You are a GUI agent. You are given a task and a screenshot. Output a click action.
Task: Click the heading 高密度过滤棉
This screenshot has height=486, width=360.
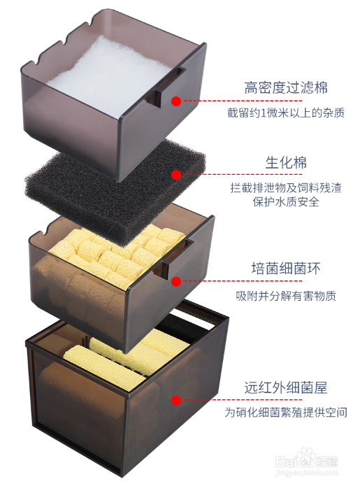(x=286, y=87)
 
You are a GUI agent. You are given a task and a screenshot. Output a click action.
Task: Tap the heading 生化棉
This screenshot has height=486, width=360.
(x=286, y=162)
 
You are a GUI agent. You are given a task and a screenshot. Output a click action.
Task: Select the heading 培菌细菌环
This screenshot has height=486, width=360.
(x=286, y=269)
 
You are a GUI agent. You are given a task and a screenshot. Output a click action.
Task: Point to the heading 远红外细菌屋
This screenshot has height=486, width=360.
(x=286, y=387)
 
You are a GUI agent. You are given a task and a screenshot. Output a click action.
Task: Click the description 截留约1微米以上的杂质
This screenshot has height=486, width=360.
(x=286, y=113)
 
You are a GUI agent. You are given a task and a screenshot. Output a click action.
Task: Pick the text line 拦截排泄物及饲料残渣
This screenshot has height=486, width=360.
(x=286, y=188)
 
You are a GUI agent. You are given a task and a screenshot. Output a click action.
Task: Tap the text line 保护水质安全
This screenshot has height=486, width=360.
(x=286, y=202)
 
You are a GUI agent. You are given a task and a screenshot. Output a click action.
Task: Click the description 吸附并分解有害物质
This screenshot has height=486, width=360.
(x=286, y=296)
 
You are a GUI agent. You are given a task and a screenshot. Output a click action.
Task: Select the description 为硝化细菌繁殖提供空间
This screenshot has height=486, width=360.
(x=286, y=413)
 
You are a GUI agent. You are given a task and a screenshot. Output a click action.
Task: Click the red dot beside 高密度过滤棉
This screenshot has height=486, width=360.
(x=176, y=101)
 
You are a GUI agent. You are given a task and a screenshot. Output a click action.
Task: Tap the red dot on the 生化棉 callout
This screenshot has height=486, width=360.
(x=176, y=175)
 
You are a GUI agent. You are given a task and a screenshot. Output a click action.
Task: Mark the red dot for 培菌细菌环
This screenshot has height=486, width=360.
(x=176, y=281)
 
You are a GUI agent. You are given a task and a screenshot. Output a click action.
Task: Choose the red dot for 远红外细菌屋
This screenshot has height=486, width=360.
(x=176, y=400)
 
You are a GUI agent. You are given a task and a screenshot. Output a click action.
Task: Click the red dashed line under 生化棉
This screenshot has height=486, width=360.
(x=243, y=175)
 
